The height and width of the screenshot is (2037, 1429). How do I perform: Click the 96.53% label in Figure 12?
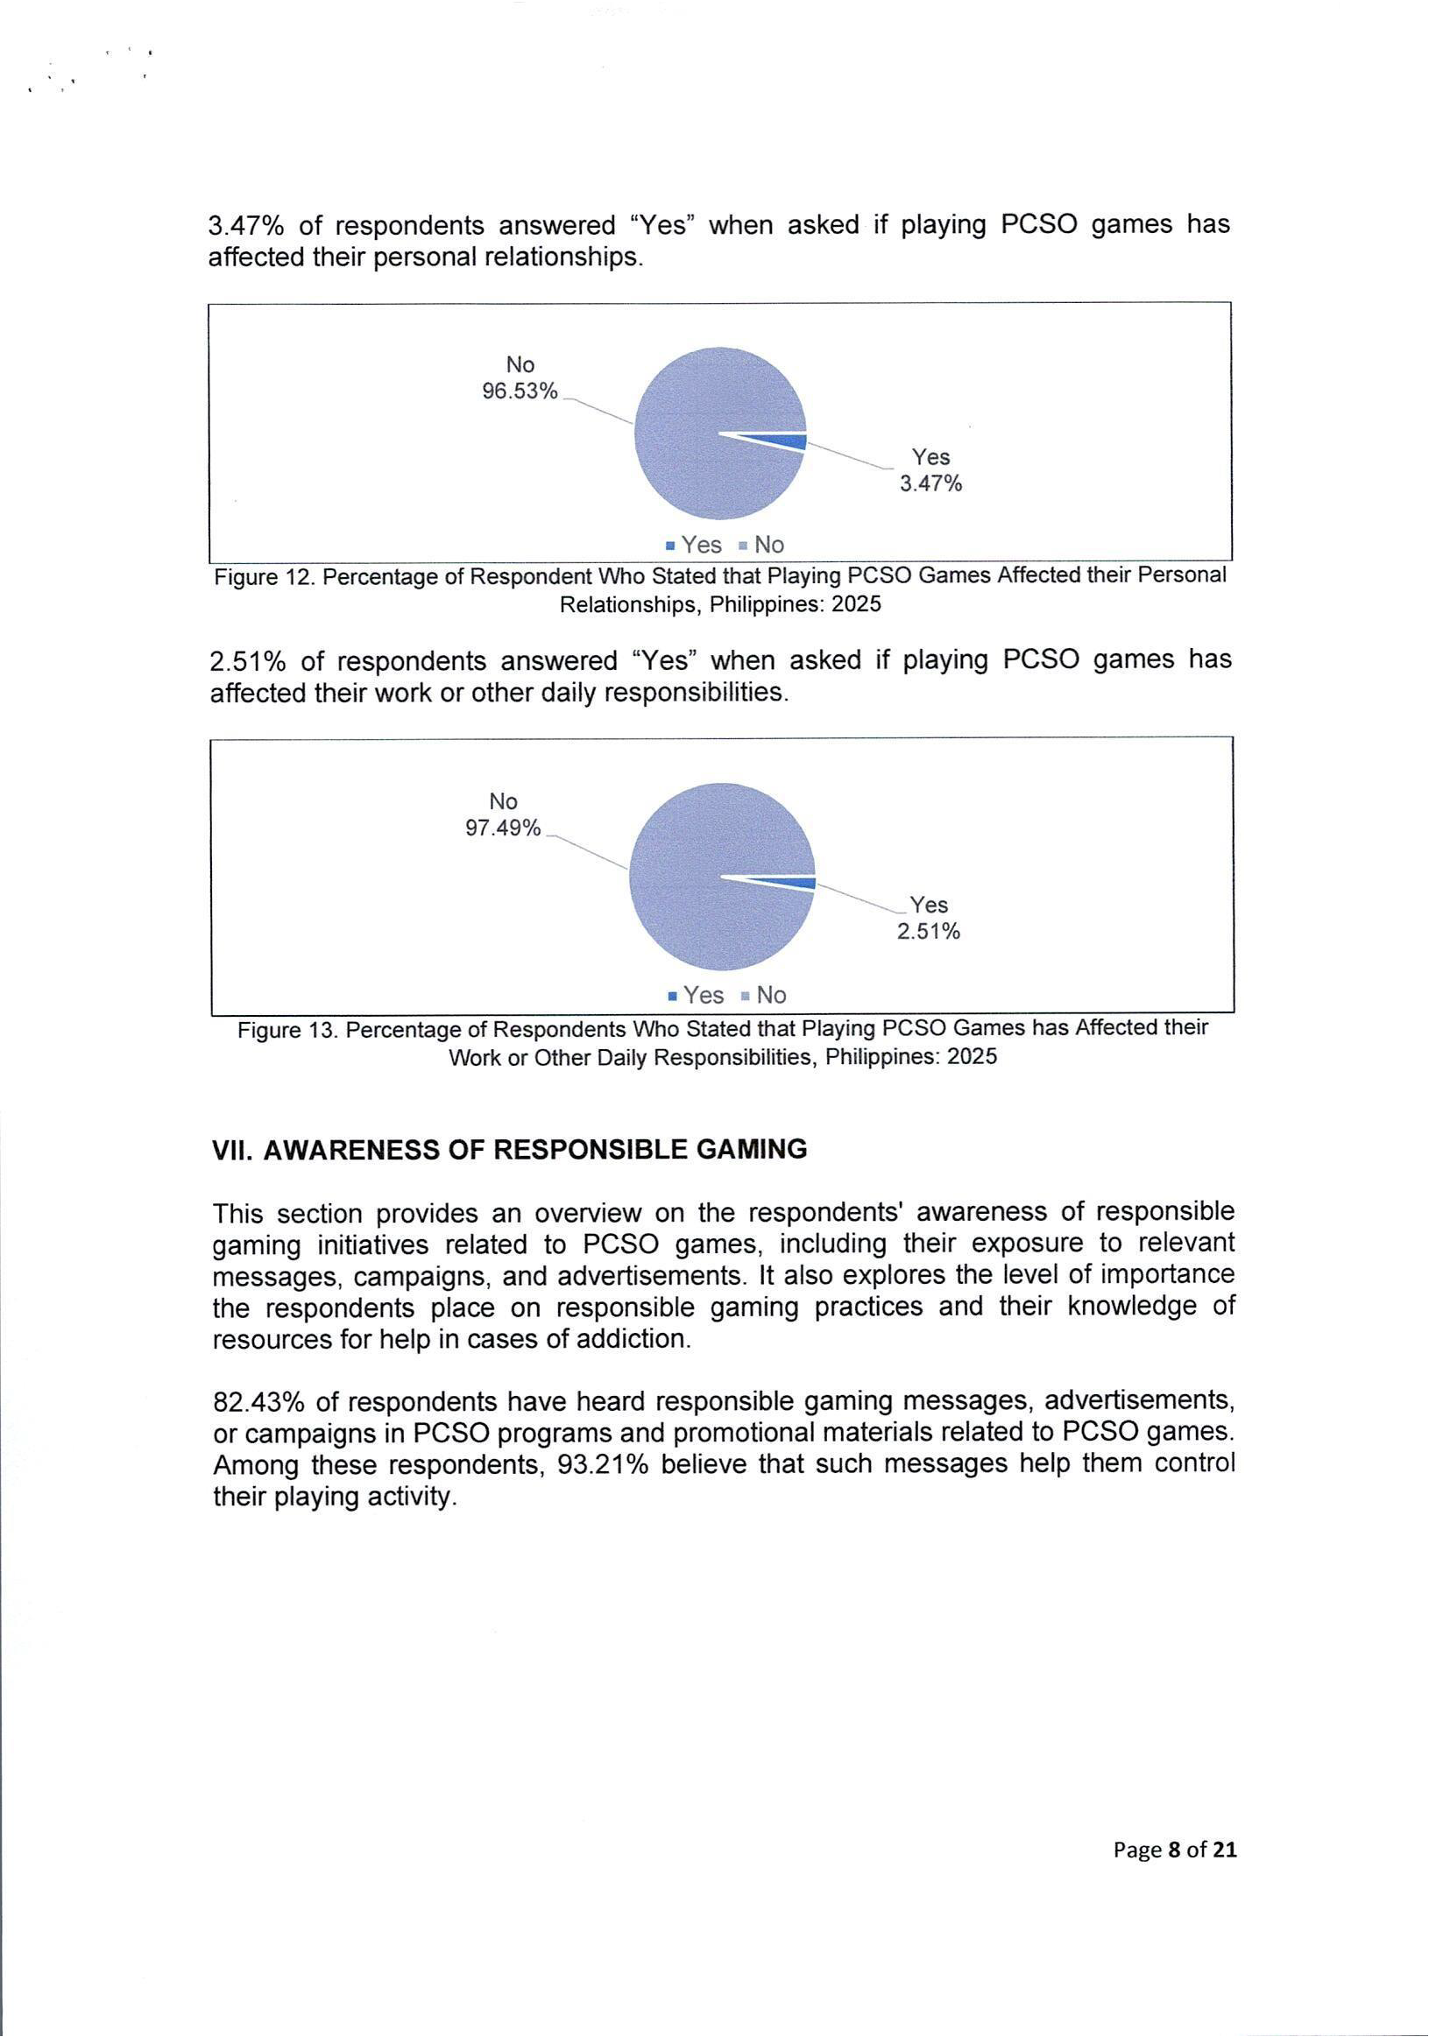[520, 391]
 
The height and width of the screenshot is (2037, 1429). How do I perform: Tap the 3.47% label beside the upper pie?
[930, 483]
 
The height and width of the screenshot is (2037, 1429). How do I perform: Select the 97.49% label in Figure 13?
[502, 828]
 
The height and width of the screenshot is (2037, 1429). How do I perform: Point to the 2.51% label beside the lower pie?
[928, 931]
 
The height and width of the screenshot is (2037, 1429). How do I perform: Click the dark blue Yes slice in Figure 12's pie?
[790, 442]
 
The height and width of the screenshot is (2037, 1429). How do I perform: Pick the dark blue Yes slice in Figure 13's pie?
[799, 883]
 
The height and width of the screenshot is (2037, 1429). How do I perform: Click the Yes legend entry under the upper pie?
[693, 545]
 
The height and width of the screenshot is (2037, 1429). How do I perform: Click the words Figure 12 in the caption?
[264, 578]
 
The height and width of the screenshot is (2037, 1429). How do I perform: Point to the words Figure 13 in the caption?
[287, 1030]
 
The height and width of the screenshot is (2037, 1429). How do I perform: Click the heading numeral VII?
[232, 1150]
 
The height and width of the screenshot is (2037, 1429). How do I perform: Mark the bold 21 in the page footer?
[1225, 1849]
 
